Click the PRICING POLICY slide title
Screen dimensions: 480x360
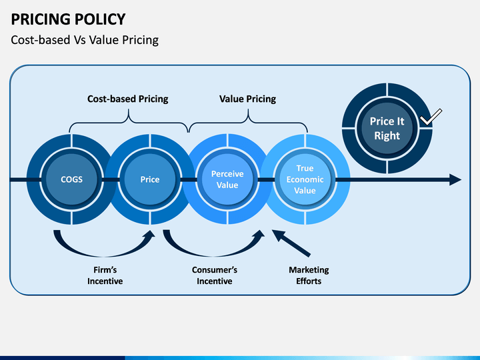coord(68,19)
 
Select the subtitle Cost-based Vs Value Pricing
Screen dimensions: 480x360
coord(85,40)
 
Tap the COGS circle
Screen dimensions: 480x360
coord(71,179)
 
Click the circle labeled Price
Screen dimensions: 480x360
coord(150,179)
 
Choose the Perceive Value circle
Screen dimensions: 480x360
coord(227,179)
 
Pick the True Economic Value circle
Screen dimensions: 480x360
coord(305,179)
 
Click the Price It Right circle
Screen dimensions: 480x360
coord(387,128)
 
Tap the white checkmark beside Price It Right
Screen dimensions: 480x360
coord(431,117)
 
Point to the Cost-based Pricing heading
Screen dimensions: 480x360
coord(127,99)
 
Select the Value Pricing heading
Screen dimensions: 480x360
coord(247,99)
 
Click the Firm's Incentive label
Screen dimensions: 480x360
coord(105,275)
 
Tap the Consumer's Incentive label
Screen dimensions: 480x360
coord(215,275)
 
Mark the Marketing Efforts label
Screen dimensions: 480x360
coord(309,275)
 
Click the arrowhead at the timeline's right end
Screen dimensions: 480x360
coord(455,179)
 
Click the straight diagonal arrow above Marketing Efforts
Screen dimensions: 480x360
coord(291,243)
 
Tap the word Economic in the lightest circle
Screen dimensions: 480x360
coord(305,179)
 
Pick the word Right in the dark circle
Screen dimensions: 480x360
coord(387,135)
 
